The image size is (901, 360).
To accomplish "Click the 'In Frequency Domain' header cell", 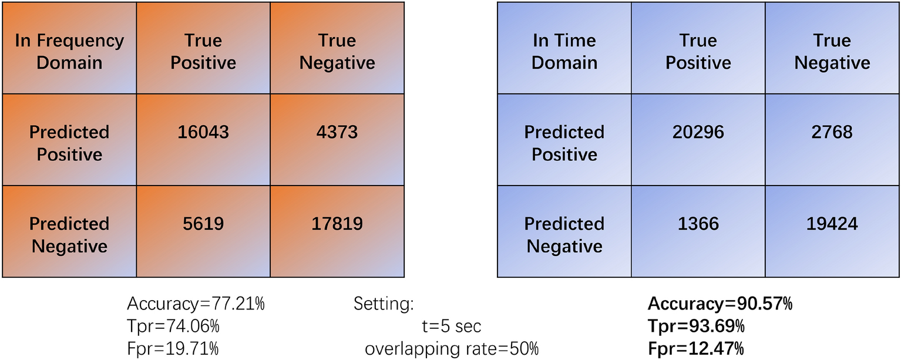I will [x=69, y=52].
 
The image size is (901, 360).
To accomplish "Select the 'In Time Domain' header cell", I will [x=564, y=52].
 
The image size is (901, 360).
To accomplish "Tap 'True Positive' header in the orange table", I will [x=203, y=52].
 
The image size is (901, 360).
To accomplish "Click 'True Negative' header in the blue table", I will [x=832, y=52].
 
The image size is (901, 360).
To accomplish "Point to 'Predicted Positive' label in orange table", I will [x=69, y=143].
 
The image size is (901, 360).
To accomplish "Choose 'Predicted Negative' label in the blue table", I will [x=564, y=234].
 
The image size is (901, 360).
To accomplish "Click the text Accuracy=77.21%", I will [x=196, y=304].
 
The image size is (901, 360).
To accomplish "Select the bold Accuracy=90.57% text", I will [x=720, y=304].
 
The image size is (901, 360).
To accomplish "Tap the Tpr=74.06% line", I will [x=174, y=327].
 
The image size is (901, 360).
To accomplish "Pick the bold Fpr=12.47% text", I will [x=696, y=349].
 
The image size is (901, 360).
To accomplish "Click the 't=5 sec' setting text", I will [x=447, y=327].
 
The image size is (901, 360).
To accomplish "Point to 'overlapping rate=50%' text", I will [x=451, y=349].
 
